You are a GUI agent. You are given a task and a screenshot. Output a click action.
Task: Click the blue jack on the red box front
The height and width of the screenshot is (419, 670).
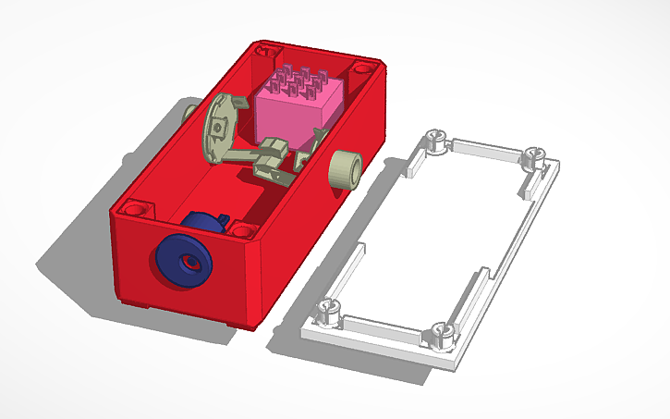[181, 260]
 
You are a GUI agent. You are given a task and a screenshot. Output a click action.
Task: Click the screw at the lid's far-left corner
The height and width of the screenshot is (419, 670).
[432, 141]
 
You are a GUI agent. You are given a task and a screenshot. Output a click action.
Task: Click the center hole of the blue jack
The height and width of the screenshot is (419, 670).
[189, 263]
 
